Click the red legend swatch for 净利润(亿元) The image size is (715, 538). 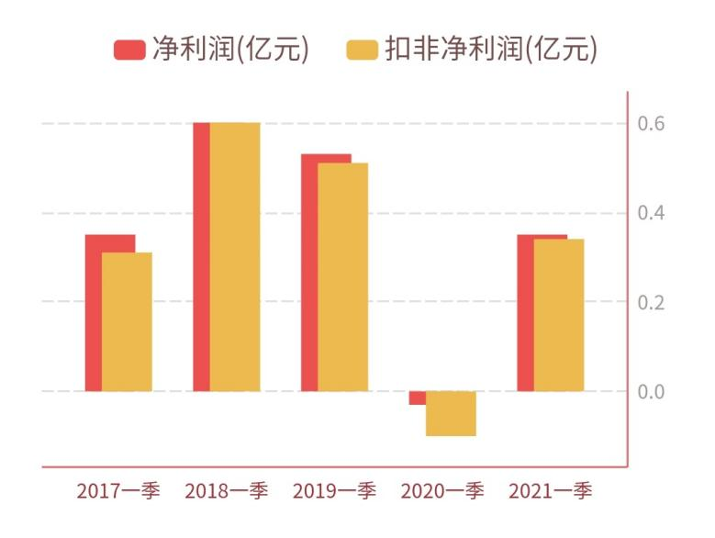point(129,50)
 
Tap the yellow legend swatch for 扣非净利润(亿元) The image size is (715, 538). point(363,50)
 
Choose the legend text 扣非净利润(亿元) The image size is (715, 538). point(491,50)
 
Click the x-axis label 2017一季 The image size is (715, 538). point(118,491)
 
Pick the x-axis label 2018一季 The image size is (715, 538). point(226,491)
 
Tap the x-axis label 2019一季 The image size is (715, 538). point(334,491)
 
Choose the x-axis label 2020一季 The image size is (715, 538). point(442,491)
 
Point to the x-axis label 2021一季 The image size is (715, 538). point(551,491)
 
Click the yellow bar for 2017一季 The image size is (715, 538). point(127,321)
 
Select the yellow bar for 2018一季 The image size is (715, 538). point(235,257)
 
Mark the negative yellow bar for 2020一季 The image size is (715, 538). point(451,414)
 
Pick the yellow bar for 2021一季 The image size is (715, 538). point(559,315)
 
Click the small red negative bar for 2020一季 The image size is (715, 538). point(418,398)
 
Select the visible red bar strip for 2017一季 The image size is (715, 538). point(93,312)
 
